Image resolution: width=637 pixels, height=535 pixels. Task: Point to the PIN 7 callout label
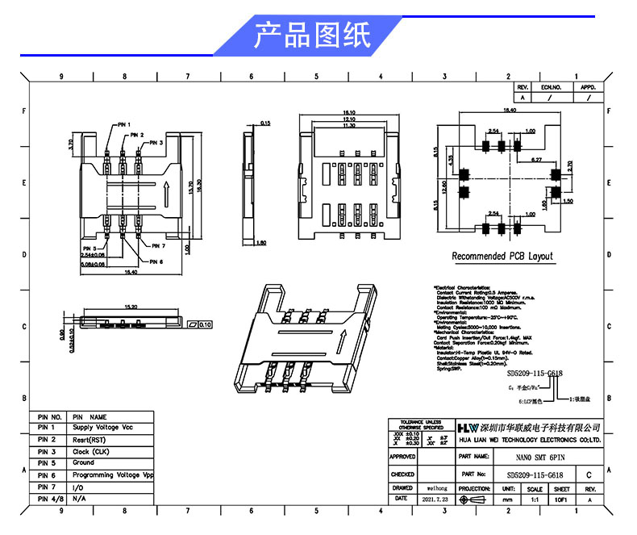coord(157,245)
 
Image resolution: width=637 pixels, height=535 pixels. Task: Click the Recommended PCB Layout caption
coord(502,256)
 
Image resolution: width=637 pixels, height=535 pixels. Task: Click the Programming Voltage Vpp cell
coord(113,475)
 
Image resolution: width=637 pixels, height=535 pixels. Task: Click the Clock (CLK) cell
coord(93,451)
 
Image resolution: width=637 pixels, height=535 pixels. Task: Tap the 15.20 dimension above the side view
coord(130,307)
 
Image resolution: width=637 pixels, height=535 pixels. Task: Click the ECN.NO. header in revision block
coord(551,86)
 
